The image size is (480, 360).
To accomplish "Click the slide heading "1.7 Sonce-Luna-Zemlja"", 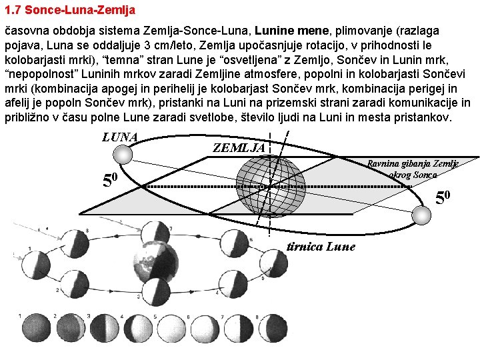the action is [70, 10].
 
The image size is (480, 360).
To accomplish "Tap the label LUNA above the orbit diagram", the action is [120, 137].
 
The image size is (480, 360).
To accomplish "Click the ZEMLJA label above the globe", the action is [239, 147].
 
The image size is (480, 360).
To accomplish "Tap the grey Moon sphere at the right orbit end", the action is [421, 215].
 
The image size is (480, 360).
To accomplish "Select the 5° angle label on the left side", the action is [109, 180].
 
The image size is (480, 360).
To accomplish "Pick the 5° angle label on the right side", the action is [443, 197].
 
